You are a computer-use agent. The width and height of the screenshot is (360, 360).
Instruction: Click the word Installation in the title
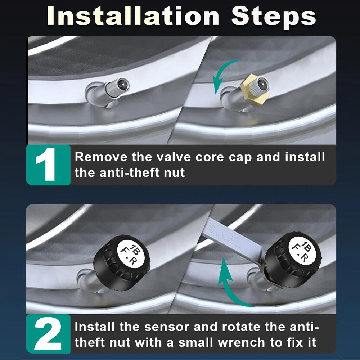point(133,16)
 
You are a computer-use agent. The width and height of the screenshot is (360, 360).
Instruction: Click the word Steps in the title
point(274,17)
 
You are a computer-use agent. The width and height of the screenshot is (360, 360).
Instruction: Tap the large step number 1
point(46,165)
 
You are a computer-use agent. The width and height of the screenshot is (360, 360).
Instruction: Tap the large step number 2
point(48,334)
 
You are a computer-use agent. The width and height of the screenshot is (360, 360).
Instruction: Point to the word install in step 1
point(305,157)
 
